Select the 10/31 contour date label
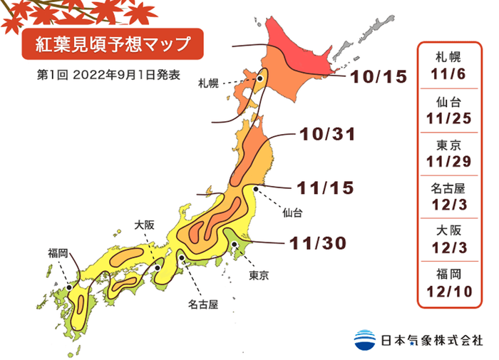327,135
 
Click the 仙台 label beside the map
292,212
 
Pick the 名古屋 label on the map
202,304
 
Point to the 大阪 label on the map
145,225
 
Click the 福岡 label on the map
58,252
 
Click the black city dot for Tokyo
234,245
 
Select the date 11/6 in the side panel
451,73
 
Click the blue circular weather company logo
364,339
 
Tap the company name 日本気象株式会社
431,340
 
